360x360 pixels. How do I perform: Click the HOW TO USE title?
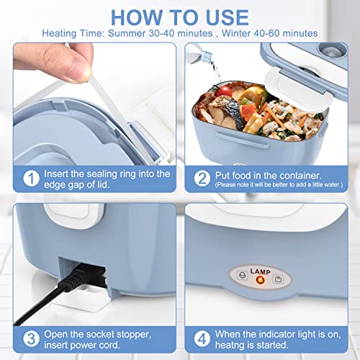(x=179, y=17)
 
